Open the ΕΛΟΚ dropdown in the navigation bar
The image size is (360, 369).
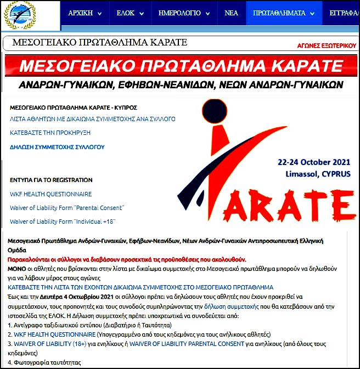(130, 13)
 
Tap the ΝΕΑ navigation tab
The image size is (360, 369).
(231, 13)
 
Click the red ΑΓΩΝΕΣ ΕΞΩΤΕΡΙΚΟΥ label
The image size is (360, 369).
(326, 46)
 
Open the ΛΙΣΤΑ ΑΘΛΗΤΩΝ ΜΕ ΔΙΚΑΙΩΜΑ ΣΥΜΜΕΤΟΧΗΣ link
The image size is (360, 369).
(93, 118)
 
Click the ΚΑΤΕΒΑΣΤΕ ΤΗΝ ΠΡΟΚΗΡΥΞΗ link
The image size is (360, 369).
(50, 132)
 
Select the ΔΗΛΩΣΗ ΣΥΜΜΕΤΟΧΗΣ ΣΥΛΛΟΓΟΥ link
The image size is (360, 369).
(57, 147)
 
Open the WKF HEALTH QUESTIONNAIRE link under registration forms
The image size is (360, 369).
(51, 194)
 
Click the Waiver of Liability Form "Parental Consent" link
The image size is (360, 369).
(67, 208)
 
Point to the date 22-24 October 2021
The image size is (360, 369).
(314, 163)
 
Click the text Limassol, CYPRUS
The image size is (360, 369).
(318, 173)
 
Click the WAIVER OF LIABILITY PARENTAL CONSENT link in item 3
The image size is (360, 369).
(187, 344)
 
